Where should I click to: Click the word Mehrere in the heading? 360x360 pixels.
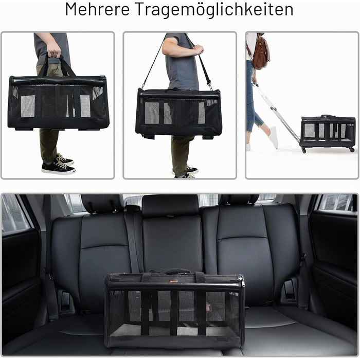coord(97,9)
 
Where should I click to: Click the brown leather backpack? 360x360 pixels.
coord(260,51)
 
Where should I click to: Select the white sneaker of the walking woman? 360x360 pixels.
coord(273,137)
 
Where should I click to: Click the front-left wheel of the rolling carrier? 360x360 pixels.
coord(303,151)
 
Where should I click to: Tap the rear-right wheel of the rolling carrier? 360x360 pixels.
coord(351,150)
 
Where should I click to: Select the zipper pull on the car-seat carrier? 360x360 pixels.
coord(242,281)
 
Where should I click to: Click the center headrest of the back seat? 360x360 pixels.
coord(170,206)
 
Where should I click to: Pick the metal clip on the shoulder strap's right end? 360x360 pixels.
coord(210,86)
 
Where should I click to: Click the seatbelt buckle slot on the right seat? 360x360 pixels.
coord(289,290)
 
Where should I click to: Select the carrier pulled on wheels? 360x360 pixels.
coord(328,132)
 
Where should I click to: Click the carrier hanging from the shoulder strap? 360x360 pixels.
coord(178,113)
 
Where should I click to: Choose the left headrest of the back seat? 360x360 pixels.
coord(103,204)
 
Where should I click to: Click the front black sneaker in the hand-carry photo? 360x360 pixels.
coord(58,168)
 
